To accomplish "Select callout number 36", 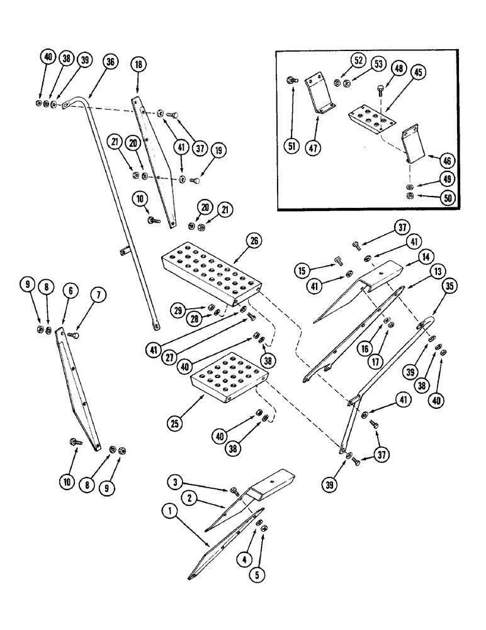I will pyautogui.click(x=111, y=62).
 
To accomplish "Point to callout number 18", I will pyautogui.click(x=138, y=65).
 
